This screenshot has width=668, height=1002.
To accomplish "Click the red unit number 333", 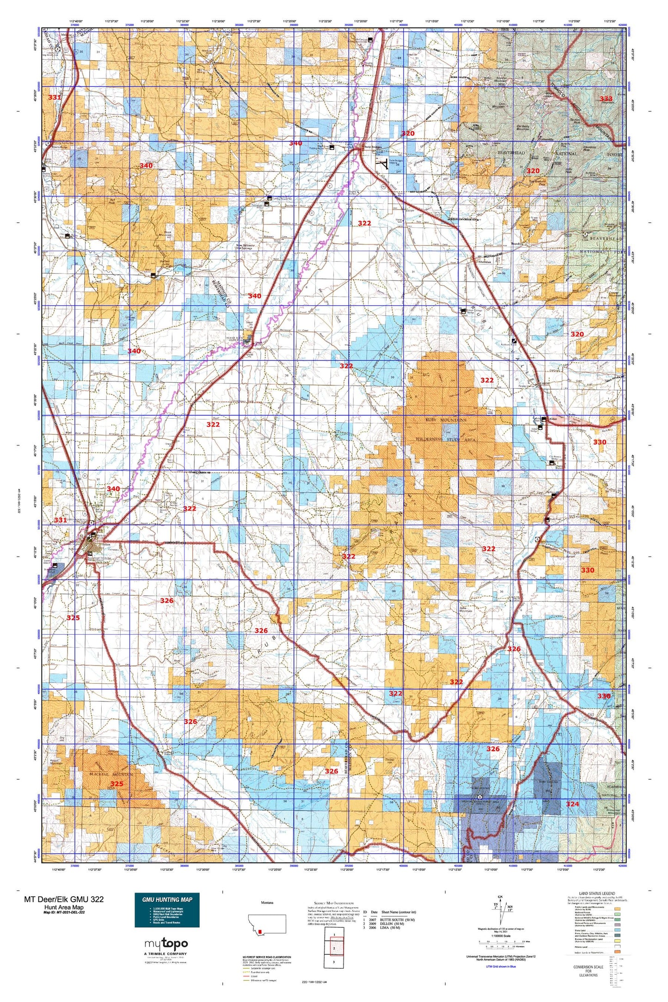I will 606,98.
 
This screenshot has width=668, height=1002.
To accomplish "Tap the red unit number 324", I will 572,804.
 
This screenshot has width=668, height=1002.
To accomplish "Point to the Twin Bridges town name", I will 374,147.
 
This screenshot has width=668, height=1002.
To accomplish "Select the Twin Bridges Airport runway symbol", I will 382,163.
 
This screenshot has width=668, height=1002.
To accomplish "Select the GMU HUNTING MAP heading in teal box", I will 167,899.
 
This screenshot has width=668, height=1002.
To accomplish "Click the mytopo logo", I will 166,943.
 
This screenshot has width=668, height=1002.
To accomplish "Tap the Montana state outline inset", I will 267,923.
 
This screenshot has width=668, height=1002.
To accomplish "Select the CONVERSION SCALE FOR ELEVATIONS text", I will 588,971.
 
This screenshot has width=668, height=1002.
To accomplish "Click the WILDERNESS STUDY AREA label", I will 446,439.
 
